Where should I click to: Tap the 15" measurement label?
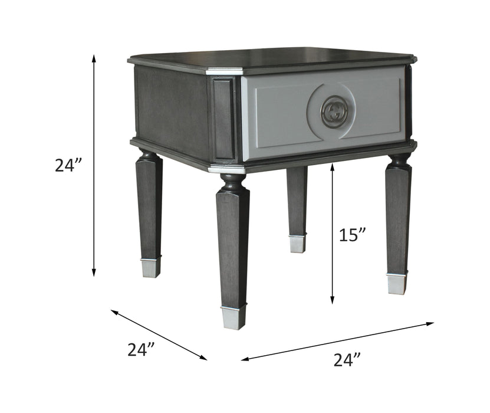tap(353, 235)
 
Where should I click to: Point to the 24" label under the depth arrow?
tap(141, 349)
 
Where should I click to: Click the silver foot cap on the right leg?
tap(396, 283)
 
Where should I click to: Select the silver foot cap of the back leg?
tap(297, 244)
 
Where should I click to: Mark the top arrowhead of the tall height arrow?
tap(94, 58)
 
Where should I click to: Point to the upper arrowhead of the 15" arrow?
tap(333, 167)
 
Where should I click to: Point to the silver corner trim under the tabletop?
tap(225, 71)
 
